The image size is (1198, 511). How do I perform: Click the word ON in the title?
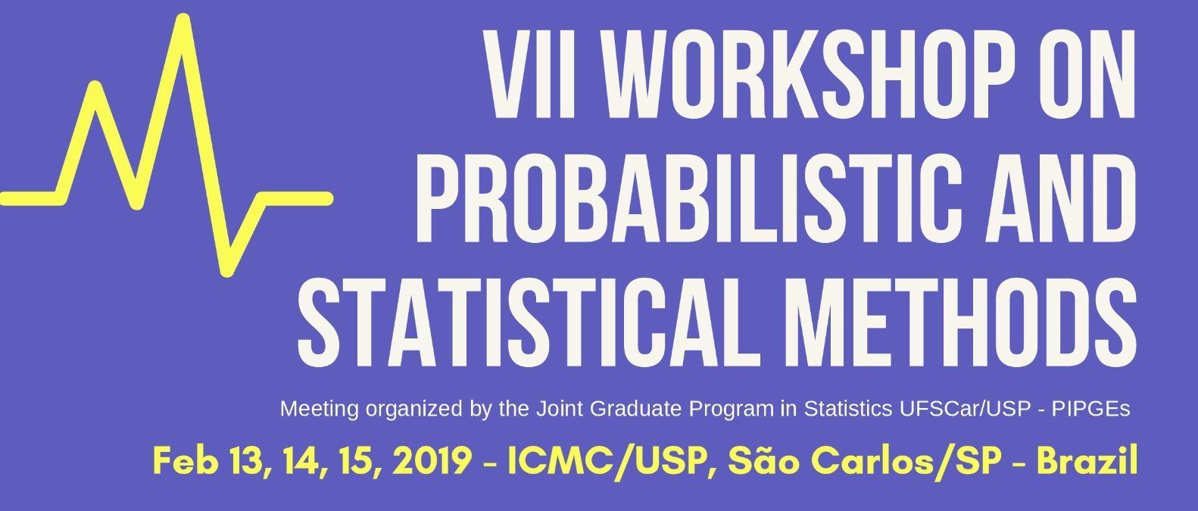click(x=1087, y=74)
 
